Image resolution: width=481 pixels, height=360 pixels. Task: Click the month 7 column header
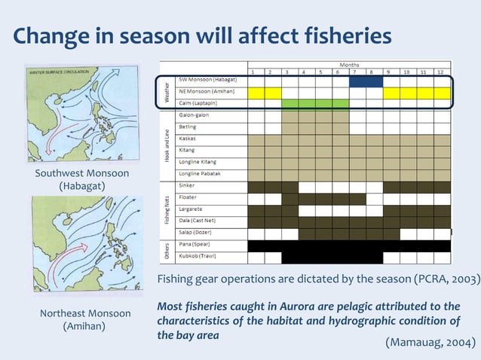(357, 72)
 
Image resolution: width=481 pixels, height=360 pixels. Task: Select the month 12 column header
(442, 72)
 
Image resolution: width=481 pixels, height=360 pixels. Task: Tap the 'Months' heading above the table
(349, 65)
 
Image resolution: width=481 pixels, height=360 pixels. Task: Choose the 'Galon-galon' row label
(194, 115)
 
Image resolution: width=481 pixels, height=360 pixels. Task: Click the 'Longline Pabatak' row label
(201, 172)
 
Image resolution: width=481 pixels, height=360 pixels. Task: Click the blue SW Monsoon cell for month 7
(357, 81)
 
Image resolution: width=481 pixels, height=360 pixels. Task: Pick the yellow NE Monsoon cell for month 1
(256, 92)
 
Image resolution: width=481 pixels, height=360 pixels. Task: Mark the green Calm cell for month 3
(290, 103)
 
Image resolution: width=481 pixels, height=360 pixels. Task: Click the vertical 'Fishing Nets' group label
(167, 209)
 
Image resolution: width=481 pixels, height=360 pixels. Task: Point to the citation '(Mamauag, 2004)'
(430, 343)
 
